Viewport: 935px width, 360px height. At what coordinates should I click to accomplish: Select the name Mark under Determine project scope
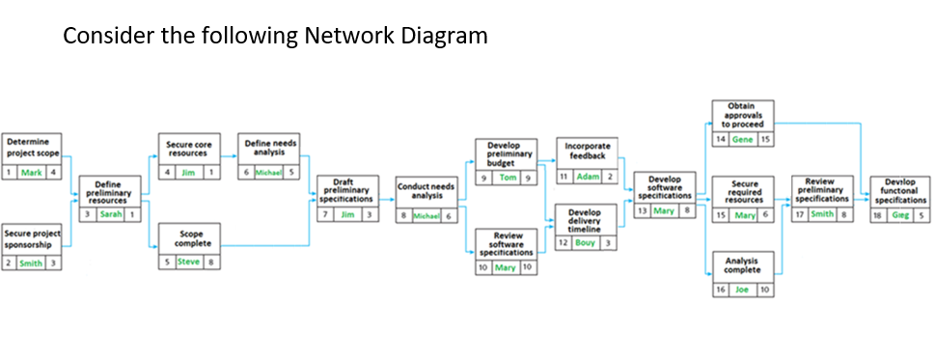31,172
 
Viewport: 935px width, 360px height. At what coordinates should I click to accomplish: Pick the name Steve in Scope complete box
189,262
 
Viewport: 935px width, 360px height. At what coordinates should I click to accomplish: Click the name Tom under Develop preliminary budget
508,179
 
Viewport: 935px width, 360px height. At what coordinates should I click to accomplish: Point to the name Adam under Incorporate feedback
588,177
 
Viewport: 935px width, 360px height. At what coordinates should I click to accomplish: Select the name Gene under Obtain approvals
742,139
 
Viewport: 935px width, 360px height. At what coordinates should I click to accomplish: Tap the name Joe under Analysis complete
742,289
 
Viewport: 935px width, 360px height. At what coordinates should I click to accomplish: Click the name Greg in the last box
900,214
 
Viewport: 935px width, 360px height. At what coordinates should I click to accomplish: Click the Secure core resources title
189,148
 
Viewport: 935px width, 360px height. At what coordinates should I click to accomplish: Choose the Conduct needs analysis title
427,190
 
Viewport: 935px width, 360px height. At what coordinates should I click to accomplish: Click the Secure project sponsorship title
31,237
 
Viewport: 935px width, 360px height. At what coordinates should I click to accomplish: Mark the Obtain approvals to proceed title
742,114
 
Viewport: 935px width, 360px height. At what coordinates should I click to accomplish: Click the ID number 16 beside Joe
720,289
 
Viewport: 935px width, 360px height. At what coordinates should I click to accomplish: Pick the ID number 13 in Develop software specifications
643,209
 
